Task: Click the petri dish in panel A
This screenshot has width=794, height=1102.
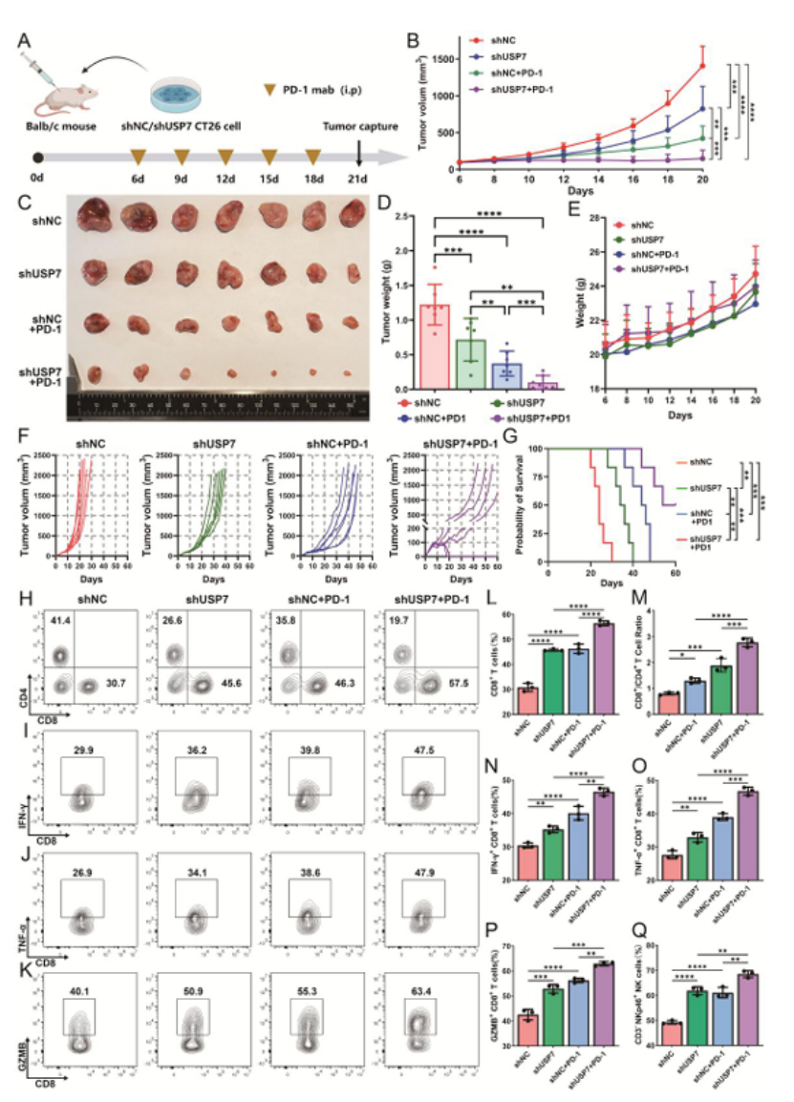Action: point(187,94)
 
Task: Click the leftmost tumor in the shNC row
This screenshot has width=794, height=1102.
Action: point(97,218)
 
